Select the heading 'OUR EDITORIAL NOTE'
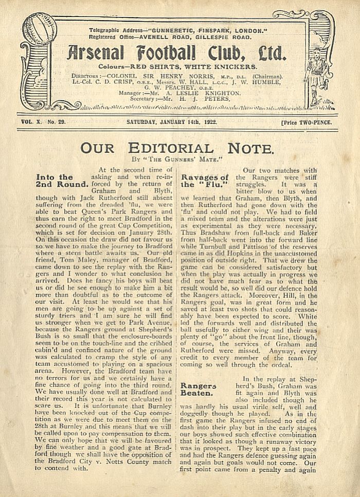coord(177,149)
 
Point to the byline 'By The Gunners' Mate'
coord(178,161)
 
